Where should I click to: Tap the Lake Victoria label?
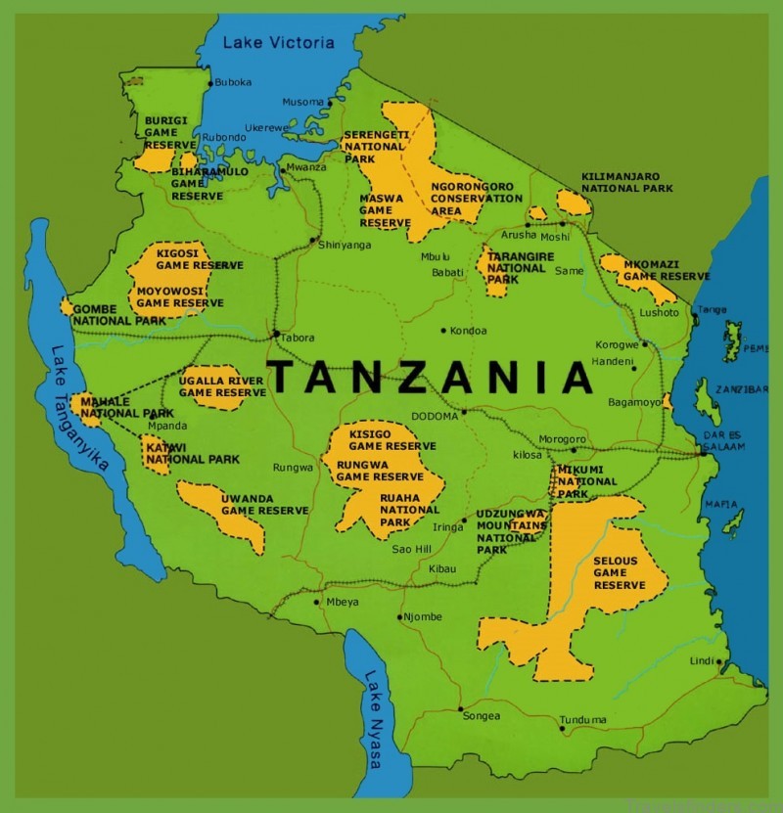(278, 42)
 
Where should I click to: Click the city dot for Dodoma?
(464, 412)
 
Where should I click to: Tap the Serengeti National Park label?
(374, 146)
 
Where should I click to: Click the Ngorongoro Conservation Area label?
(477, 199)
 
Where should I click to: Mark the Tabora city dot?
(276, 335)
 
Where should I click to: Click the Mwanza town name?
(306, 168)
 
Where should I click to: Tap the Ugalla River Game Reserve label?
(222, 385)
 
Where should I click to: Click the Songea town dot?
(460, 708)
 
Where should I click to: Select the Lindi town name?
(701, 661)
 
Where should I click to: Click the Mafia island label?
(721, 505)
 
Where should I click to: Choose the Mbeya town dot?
(317, 602)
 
